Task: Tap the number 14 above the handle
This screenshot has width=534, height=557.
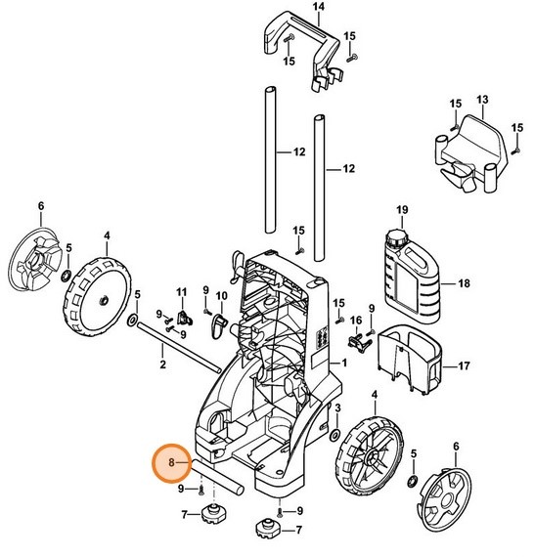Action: [290, 7]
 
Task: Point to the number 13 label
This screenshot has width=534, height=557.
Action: [481, 101]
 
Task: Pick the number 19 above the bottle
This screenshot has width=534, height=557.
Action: [401, 211]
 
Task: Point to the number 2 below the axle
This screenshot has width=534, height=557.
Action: [162, 364]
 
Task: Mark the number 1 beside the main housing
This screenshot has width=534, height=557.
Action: [343, 364]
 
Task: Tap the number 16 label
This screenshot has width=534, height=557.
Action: [356, 321]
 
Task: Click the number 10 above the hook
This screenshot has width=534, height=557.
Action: [222, 296]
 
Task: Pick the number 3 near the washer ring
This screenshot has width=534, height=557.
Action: [337, 407]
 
